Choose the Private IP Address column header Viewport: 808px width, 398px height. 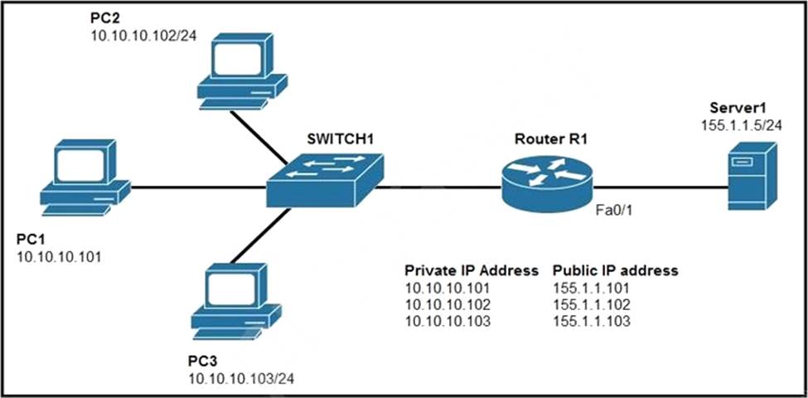(471, 270)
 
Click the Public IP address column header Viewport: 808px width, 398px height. (616, 270)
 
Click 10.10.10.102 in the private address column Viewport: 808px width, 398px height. (447, 304)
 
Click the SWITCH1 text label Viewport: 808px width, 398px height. (340, 138)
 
